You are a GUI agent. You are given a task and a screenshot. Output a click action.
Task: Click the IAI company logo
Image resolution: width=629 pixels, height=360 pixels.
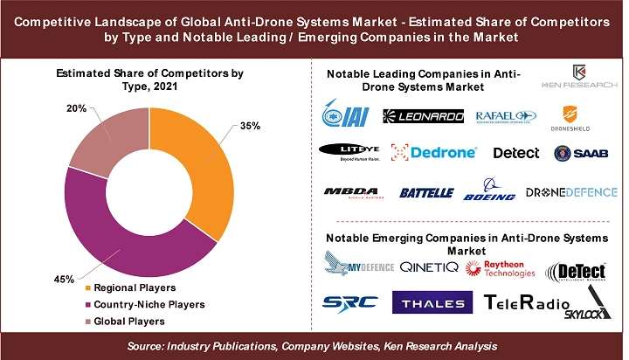click(x=348, y=116)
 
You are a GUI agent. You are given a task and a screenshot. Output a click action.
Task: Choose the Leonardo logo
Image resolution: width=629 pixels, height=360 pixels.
click(x=423, y=116)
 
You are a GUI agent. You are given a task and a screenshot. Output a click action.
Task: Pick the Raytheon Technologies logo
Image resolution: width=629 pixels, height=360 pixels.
click(x=501, y=268)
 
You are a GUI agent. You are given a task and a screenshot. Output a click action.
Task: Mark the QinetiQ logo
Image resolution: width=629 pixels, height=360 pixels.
click(x=428, y=267)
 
